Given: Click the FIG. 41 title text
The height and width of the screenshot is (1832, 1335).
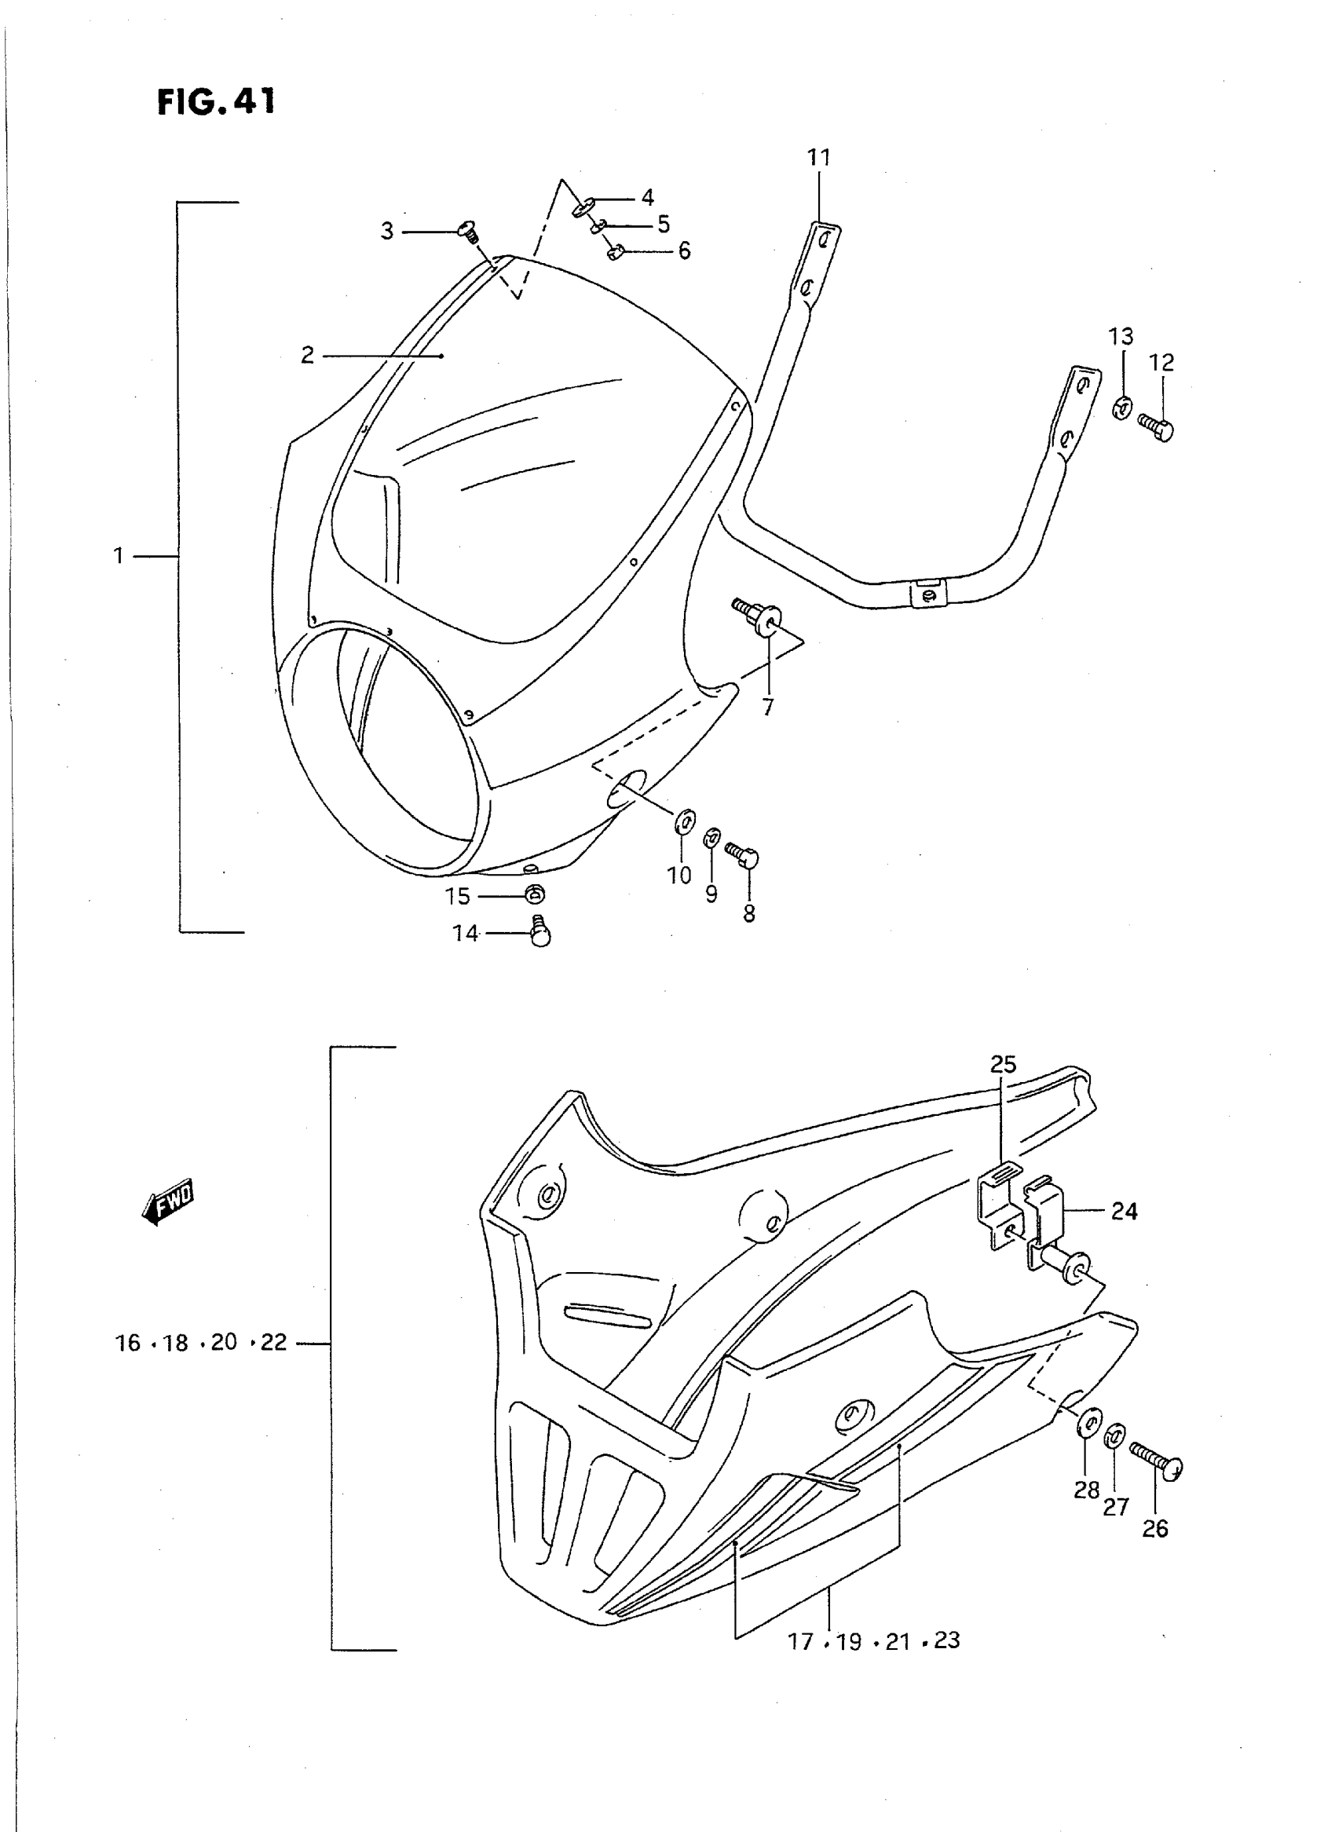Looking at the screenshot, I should pos(216,102).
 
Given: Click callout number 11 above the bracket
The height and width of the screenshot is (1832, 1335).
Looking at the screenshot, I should pos(818,157).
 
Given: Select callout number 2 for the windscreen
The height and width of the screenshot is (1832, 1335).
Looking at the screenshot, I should pos(307,355).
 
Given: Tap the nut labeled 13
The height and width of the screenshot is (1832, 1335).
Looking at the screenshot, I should pos(1121,408).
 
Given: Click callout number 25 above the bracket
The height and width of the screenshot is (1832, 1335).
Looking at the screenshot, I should pos(1003,1065).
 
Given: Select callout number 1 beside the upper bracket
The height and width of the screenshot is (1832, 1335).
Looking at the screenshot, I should pos(119,556).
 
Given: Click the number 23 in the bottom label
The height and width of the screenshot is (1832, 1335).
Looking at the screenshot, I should pos(946,1640).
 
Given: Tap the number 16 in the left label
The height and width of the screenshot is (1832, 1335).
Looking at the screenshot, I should pos(128,1343).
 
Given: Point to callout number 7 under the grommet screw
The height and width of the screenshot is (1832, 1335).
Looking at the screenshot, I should pos(767,707).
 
